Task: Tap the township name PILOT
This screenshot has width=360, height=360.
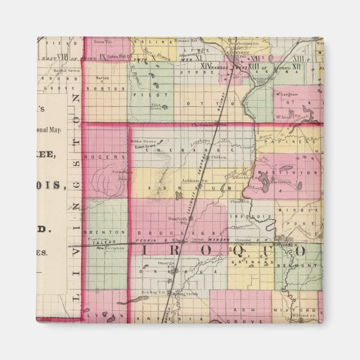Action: (144, 94)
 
